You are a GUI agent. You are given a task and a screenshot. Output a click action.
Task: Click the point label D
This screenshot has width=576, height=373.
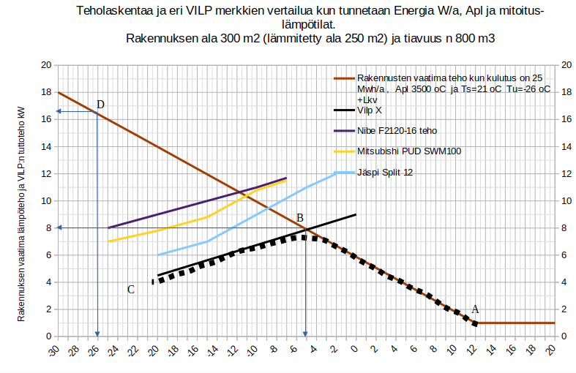tap(101, 105)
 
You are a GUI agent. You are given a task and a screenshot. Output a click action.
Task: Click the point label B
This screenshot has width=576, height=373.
tap(299, 218)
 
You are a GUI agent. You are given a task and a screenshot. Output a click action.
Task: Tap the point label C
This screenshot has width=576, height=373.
tap(131, 290)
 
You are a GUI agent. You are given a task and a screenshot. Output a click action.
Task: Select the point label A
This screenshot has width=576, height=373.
tap(474, 309)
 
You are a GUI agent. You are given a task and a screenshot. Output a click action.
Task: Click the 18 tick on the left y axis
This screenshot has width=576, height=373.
tap(46, 92)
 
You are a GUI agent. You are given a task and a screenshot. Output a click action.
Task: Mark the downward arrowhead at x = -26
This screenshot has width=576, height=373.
tap(97, 333)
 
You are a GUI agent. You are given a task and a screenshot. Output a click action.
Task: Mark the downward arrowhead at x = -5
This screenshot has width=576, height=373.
tap(305, 333)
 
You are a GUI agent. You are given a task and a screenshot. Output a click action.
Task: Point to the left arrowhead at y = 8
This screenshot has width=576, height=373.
tap(60, 227)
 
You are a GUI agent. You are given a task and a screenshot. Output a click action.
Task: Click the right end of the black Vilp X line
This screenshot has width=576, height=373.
tap(356, 214)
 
